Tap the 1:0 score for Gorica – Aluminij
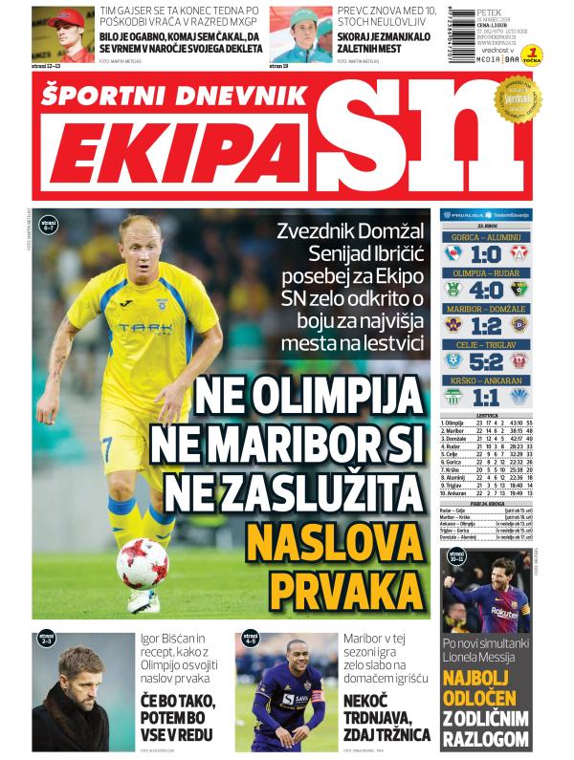[x=485, y=255]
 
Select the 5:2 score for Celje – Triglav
[x=485, y=361]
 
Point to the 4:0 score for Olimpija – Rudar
[x=485, y=290]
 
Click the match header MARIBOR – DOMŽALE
[x=485, y=309]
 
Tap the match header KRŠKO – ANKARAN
[x=485, y=380]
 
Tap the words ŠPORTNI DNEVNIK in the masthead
[x=175, y=94]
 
